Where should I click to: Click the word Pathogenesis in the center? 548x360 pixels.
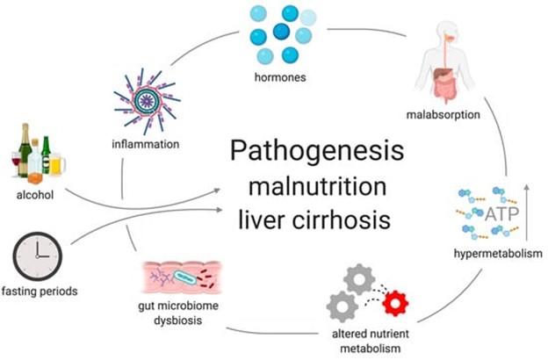[317, 151]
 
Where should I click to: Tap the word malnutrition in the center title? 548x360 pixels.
[317, 186]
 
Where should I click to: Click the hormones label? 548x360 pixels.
[280, 77]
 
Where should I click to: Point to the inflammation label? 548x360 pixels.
[146, 144]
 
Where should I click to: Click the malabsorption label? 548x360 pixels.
[443, 115]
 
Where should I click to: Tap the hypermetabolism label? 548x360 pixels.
[498, 254]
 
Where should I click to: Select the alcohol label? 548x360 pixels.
[35, 195]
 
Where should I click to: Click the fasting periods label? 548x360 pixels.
[40, 292]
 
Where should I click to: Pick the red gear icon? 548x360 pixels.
[395, 303]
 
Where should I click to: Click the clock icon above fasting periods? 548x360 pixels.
[38, 256]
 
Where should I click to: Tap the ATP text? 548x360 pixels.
[501, 213]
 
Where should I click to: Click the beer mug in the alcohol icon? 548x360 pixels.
[57, 164]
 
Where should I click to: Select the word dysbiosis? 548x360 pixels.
[178, 320]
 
